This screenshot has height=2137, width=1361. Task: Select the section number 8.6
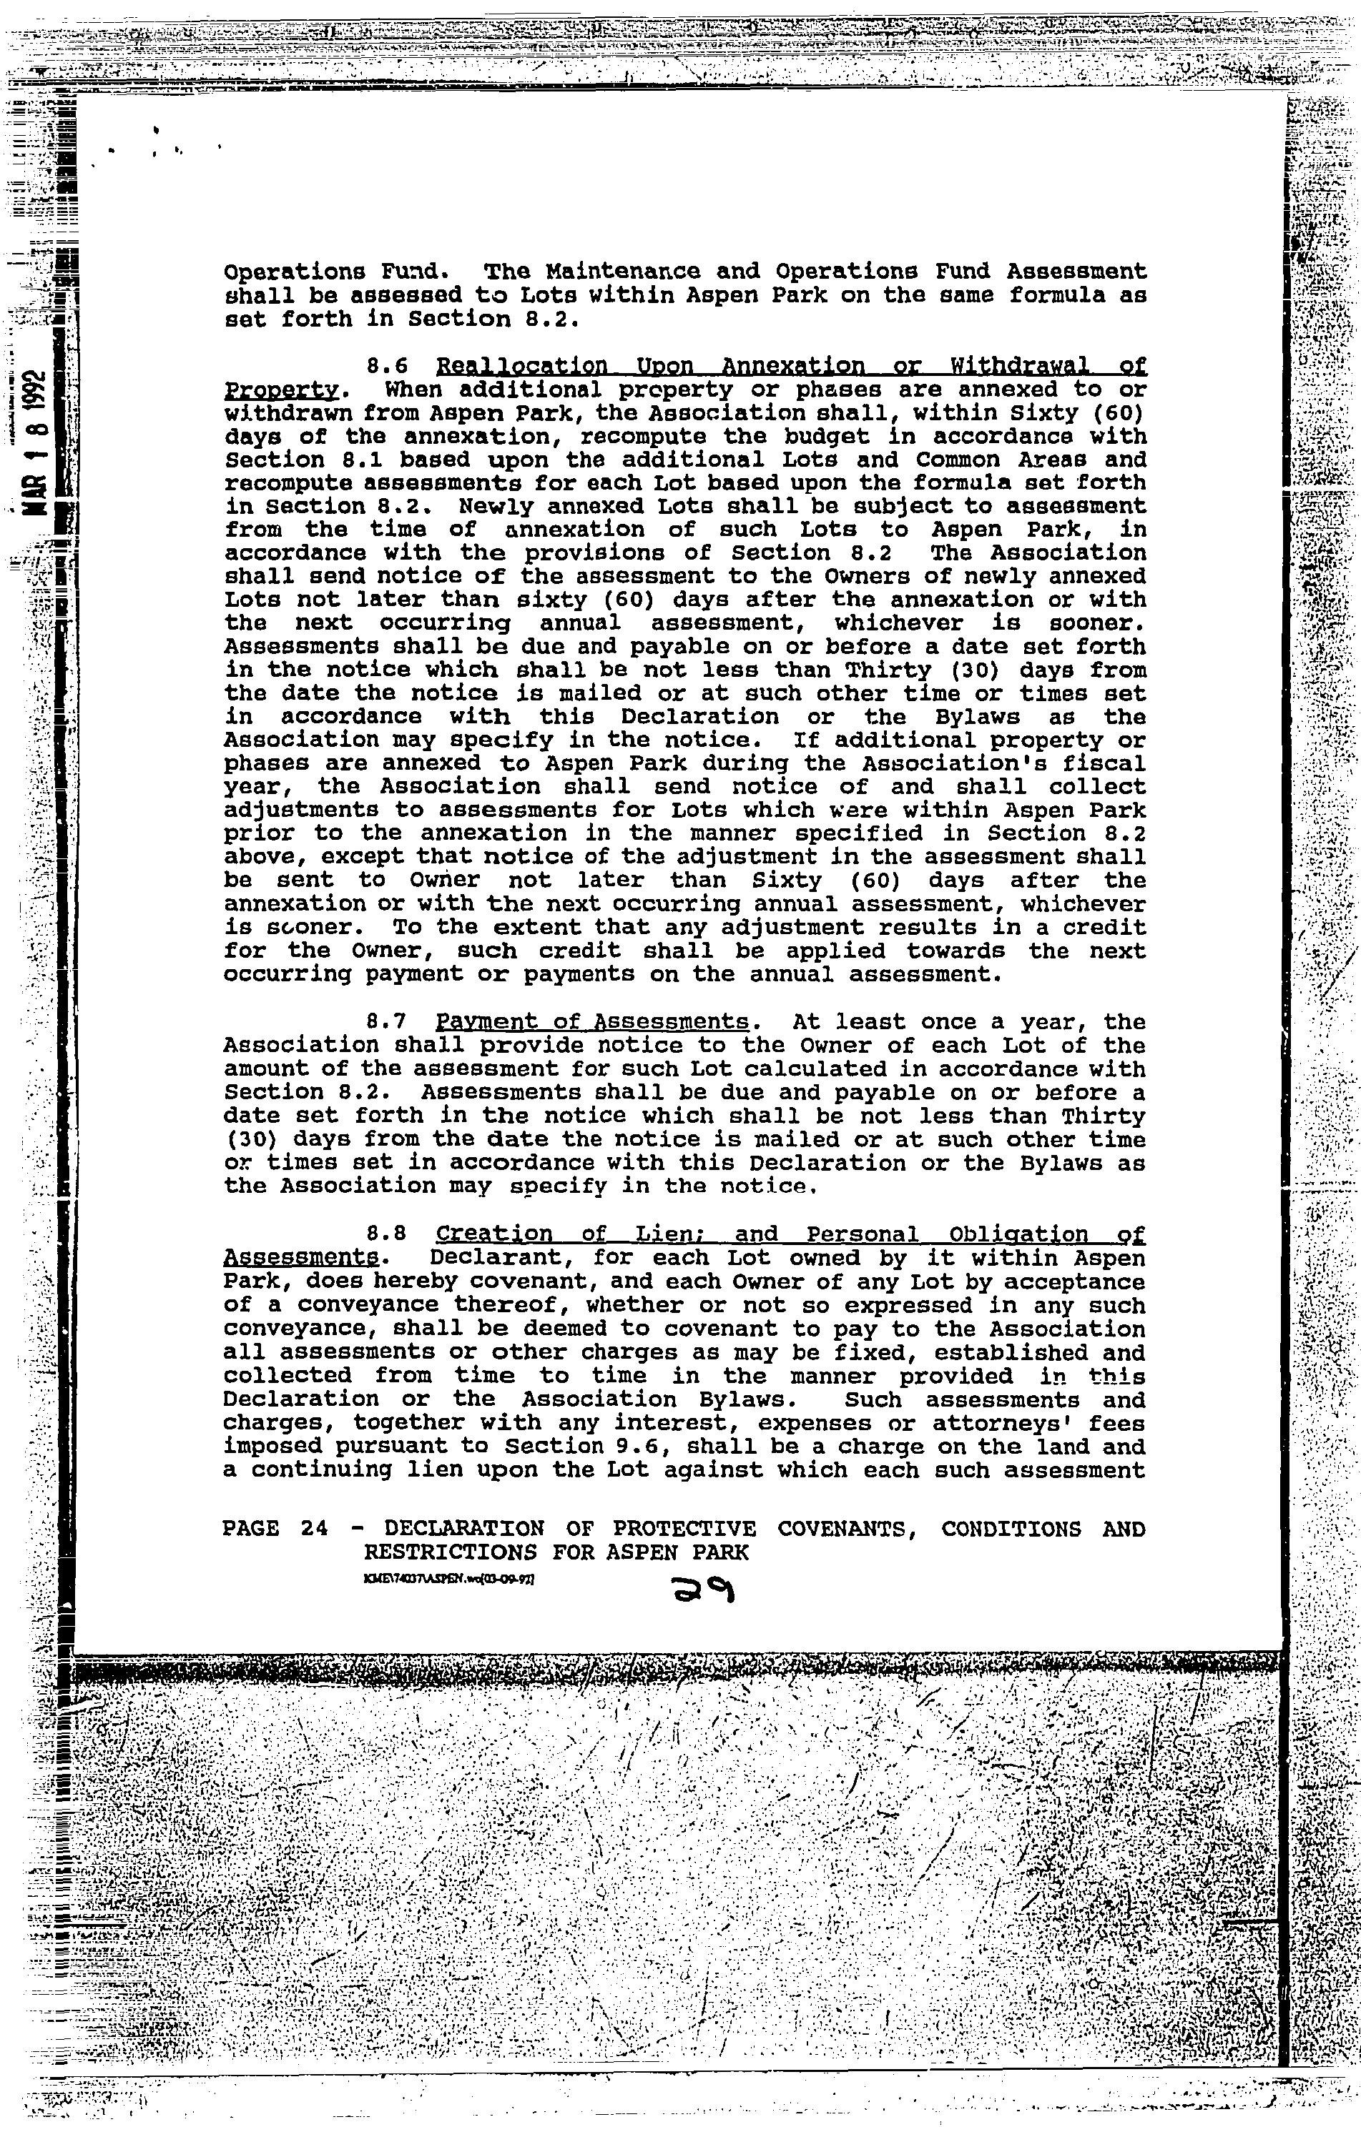tap(387, 367)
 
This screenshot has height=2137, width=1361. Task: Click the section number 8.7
tap(387, 1022)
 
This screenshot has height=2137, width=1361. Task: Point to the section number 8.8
tap(387, 1234)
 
